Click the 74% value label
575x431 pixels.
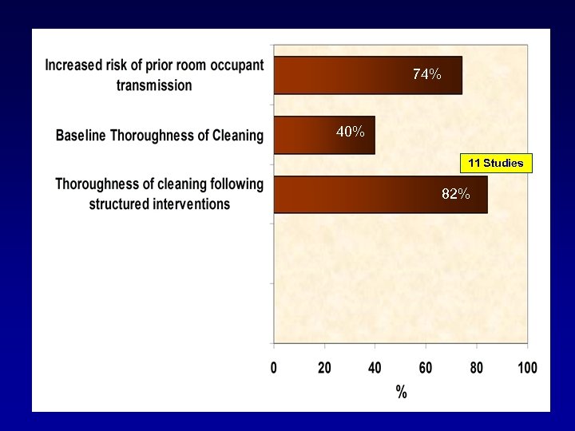point(426,74)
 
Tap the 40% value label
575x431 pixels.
point(351,132)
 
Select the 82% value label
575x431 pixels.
point(455,194)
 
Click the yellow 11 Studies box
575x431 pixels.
point(495,164)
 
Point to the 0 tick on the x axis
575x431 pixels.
point(274,368)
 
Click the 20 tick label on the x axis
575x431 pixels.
point(324,368)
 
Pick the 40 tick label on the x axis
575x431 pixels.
point(375,368)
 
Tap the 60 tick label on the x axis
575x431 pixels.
point(426,368)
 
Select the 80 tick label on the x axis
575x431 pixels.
point(476,368)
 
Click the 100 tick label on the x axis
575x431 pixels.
point(526,368)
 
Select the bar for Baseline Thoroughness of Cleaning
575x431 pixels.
point(324,135)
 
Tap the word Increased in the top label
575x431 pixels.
point(78,65)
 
